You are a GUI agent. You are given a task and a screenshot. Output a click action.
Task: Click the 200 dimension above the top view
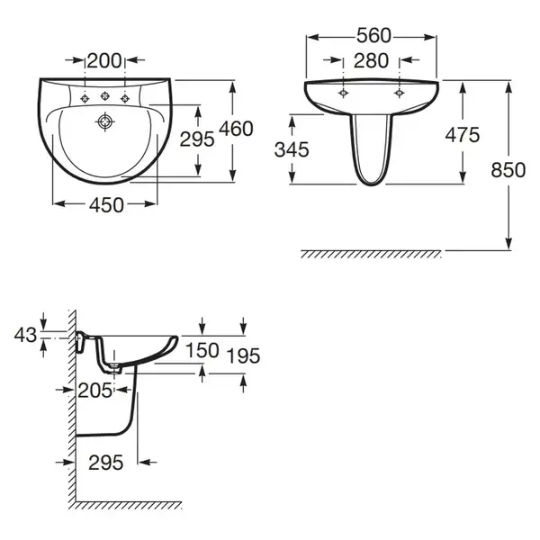pos(104,60)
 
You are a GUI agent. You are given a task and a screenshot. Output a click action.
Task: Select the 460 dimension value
pos(236,129)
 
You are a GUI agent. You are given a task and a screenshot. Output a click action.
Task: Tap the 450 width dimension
pos(106,205)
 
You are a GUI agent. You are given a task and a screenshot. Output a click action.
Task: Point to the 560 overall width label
pos(373,35)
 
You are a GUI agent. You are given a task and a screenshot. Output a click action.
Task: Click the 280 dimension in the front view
pos(371,60)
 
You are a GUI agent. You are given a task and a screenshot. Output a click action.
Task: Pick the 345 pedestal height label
pos(292,149)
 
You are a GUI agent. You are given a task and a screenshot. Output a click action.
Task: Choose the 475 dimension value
pos(463,135)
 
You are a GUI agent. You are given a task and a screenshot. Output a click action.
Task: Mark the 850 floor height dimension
pos(508,170)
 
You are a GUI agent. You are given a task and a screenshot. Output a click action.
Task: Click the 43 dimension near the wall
pos(25,335)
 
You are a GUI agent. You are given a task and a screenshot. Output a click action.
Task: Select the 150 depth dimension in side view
pos(202,350)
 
